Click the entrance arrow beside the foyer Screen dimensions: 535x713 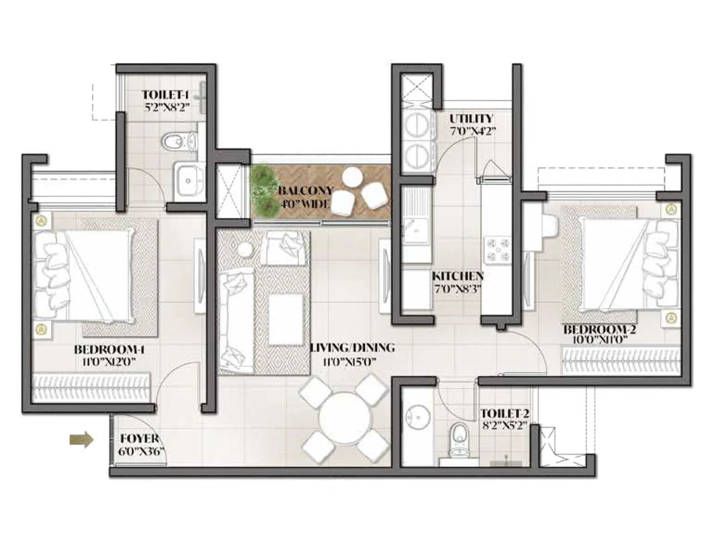[x=82, y=440]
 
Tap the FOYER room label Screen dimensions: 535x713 [x=139, y=439]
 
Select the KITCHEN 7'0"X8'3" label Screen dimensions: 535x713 [x=458, y=282]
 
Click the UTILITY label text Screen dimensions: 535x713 [x=471, y=119]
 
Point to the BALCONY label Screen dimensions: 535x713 [x=305, y=191]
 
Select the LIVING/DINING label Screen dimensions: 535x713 [x=352, y=348]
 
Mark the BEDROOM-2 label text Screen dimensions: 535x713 [x=599, y=330]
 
